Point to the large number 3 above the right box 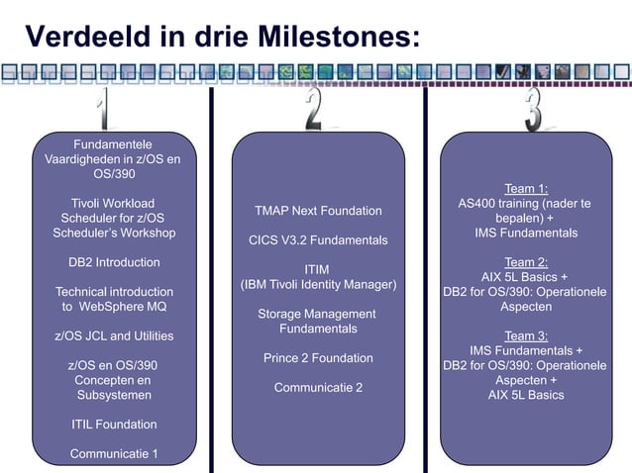533,109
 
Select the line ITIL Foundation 114,425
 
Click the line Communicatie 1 114,454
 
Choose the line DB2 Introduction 114,262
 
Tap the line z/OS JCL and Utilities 114,336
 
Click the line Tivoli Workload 114,203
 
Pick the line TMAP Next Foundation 318,211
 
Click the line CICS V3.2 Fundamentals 318,240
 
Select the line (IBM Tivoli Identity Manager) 318,285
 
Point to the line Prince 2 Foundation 318,358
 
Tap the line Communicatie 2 318,388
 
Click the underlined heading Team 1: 526,188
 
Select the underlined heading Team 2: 526,262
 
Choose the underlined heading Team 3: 526,335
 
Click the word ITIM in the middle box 317,270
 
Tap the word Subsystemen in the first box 114,396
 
